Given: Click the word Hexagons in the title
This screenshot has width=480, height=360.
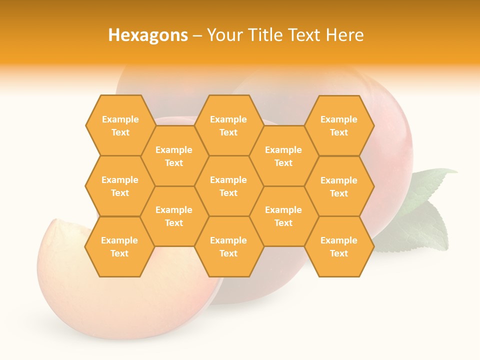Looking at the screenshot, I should [x=148, y=35].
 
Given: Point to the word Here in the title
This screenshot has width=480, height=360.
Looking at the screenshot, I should [x=345, y=35].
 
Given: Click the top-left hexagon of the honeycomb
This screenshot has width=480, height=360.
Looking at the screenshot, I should [x=120, y=125].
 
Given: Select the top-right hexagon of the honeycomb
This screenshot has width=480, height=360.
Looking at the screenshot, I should [x=339, y=125].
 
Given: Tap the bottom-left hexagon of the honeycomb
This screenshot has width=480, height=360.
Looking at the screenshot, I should [x=119, y=246].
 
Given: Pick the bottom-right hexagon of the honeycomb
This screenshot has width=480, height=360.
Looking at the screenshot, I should [x=339, y=246].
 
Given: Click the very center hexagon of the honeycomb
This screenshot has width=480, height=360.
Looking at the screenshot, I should [x=228, y=186].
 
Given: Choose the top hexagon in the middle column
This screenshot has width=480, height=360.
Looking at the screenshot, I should [x=228, y=125].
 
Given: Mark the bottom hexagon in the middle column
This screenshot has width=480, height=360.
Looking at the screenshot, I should [x=228, y=246].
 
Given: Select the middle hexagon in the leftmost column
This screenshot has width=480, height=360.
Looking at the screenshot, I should [x=120, y=186].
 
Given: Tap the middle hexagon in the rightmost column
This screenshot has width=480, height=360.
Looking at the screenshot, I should [x=339, y=186].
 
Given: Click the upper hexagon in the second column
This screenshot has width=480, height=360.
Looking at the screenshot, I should [x=174, y=156].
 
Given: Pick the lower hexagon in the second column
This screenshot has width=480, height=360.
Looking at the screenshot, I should [x=174, y=216].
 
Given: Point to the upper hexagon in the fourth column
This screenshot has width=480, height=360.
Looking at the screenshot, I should [x=283, y=156].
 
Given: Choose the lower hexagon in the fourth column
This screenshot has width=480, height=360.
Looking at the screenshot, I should [x=283, y=216].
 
